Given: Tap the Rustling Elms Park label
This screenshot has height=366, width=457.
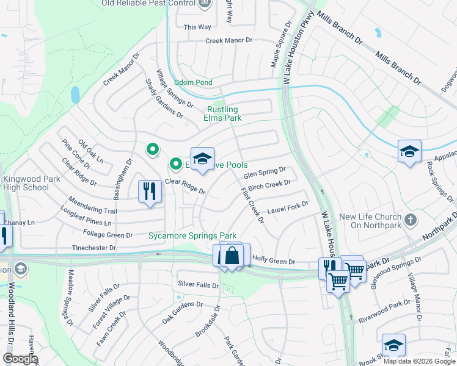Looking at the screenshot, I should (221, 114).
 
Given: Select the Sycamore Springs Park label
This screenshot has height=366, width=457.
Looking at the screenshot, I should (192, 235).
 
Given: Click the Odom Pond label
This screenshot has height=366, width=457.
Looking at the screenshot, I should (193, 82).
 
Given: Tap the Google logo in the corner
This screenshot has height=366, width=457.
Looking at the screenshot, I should (20, 358).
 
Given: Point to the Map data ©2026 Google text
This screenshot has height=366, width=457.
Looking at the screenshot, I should (419, 361).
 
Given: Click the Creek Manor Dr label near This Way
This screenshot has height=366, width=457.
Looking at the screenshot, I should (229, 40).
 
